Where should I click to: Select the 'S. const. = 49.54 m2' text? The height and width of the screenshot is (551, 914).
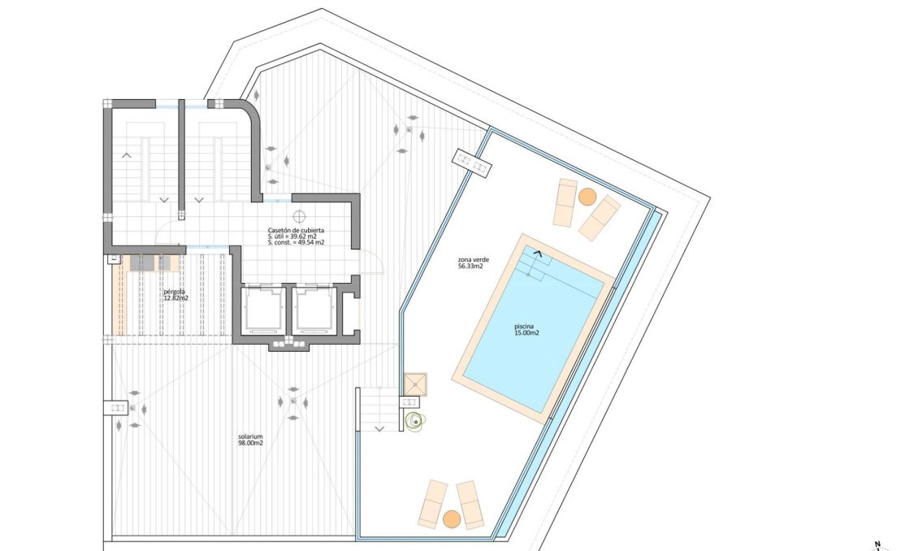click(x=297, y=243)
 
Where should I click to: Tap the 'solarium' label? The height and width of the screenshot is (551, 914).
click(x=250, y=436)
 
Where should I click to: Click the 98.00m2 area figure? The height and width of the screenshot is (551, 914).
click(x=250, y=444)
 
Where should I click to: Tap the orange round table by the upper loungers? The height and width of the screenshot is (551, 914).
click(x=587, y=197)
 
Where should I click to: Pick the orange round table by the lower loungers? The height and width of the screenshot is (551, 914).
click(x=452, y=518)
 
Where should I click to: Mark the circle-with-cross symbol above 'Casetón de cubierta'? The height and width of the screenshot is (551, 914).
click(x=299, y=216)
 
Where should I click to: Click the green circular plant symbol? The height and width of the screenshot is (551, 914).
click(x=417, y=420)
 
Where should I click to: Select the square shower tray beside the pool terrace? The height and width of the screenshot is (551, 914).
click(x=415, y=384)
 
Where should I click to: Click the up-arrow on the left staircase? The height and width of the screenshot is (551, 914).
click(x=126, y=154)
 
